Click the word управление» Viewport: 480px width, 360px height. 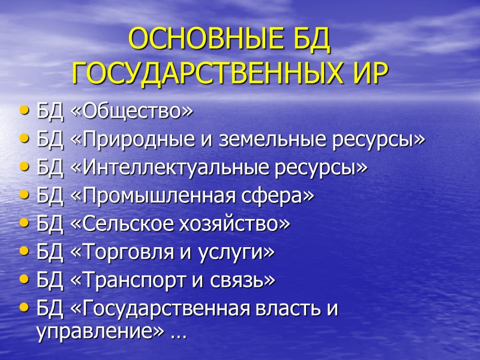[x=100, y=333]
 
